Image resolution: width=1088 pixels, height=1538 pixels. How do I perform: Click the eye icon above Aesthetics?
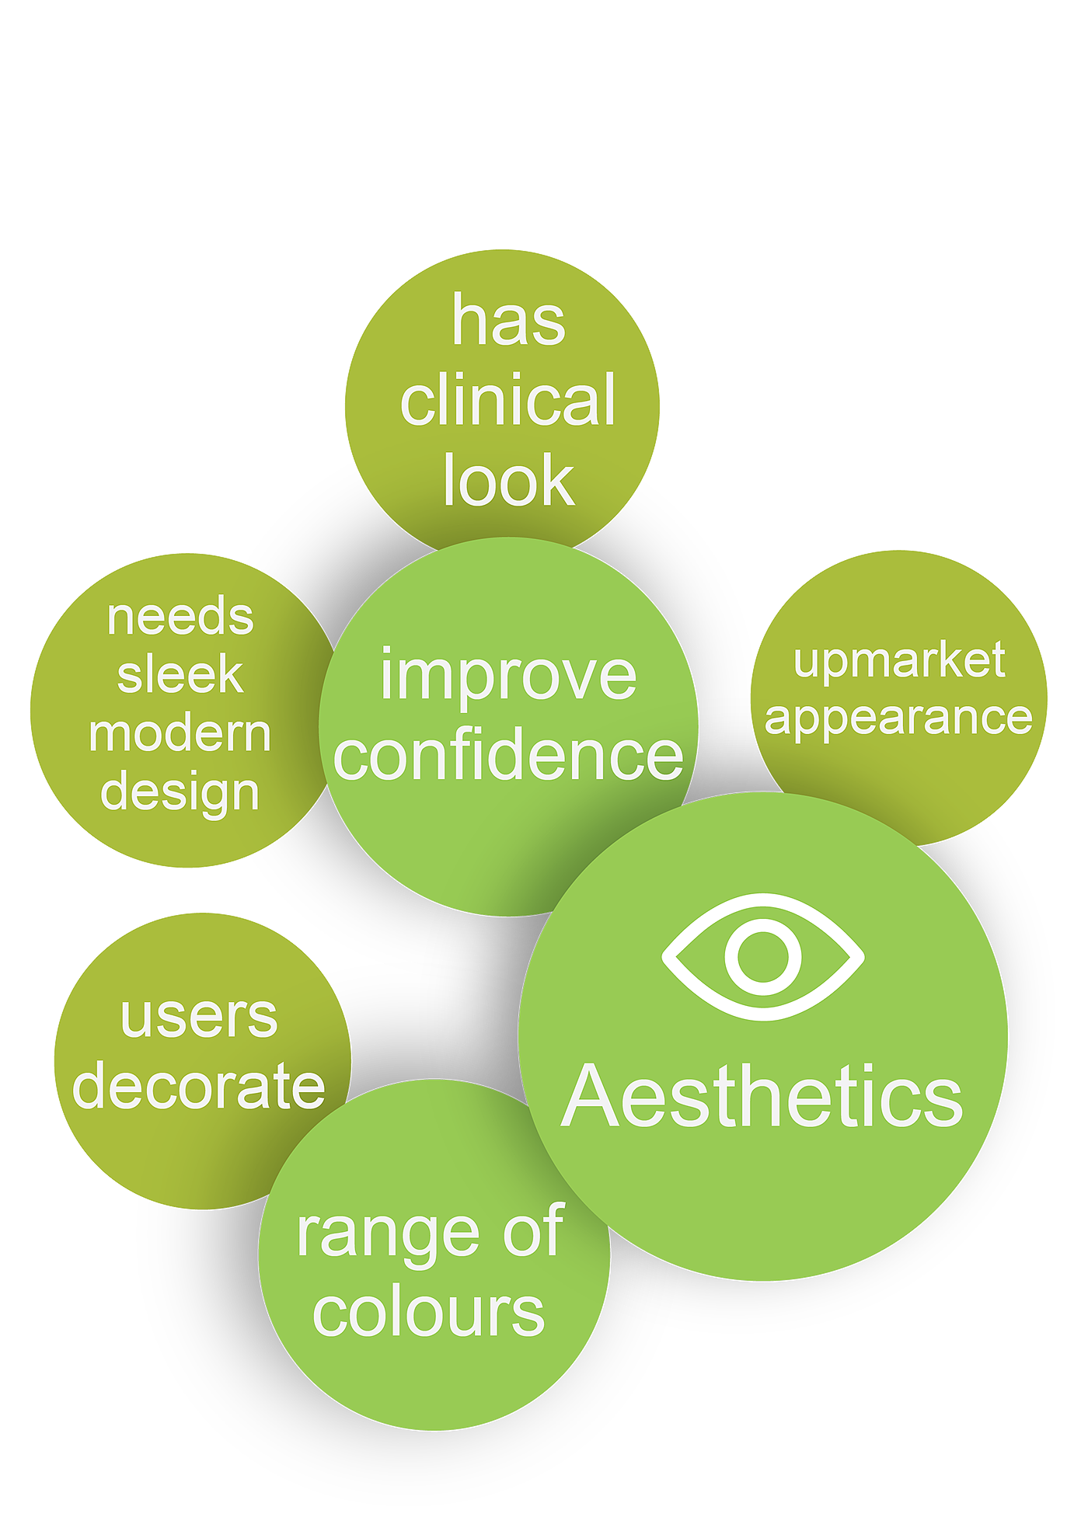pos(763,956)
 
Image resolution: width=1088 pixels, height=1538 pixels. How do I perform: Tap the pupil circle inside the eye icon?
pos(763,956)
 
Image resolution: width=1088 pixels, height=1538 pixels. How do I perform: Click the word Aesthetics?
pos(762,1097)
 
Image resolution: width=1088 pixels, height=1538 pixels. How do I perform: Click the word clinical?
pos(508,400)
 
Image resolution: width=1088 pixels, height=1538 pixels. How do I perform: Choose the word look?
pos(509,481)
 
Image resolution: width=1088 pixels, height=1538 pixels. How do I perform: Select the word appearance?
pos(899,719)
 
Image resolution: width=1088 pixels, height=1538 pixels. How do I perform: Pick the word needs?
pos(180,617)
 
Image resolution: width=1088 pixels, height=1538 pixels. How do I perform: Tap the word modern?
pos(180,733)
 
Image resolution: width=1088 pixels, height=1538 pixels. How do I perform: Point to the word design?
pos(180,793)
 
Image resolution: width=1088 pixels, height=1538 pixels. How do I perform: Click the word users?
pos(199,1017)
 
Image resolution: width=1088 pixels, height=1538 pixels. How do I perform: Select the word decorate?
pos(199,1087)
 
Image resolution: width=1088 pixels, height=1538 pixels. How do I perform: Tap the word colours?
pos(428,1312)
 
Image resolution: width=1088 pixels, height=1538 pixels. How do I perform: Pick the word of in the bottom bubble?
pos(532,1230)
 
